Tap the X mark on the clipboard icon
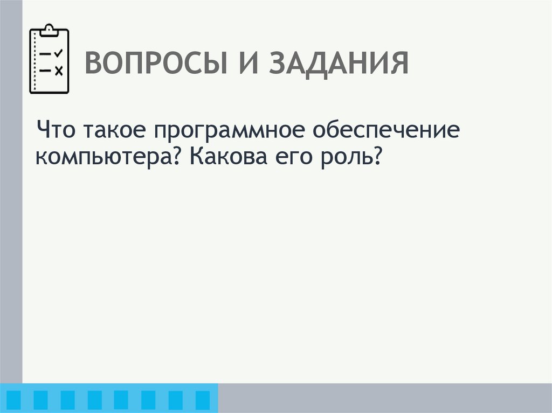pos(59,69)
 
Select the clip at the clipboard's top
pos(49,29)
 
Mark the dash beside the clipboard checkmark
pos(45,53)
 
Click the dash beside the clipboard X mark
pos(45,69)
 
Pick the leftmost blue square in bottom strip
pos(15,399)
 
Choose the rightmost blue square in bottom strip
pos(202,399)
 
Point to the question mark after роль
pos(376,158)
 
